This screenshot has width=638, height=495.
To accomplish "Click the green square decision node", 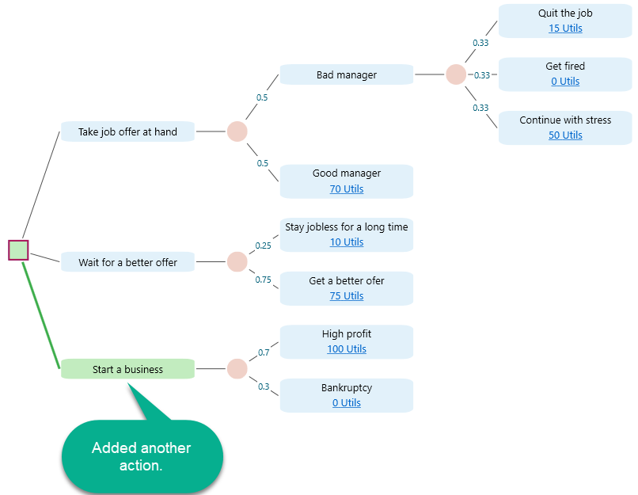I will point(19,250).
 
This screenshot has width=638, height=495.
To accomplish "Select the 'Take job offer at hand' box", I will point(127,131).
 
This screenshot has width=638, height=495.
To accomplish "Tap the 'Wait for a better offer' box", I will point(127,262).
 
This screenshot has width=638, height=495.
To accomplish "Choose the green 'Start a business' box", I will point(127,369).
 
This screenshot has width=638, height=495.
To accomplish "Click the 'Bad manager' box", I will point(347,75).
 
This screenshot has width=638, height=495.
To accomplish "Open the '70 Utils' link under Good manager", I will point(347,189).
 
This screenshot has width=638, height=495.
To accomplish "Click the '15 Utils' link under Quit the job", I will point(565,29).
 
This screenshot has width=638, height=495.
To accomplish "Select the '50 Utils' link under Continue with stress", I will point(565,135).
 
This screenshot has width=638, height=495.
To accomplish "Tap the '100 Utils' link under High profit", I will point(347,349).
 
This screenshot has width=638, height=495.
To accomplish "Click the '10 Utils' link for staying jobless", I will point(347,242).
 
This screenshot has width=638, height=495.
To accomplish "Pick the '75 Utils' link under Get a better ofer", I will point(347,296).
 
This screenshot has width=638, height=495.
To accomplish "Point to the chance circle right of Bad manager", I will point(456,74).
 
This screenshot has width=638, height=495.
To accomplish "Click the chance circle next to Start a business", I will point(237,369).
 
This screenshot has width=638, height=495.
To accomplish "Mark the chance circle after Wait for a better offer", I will point(237,262).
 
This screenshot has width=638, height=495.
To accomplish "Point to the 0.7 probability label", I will point(264,352).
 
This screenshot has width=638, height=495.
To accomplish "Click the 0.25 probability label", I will point(263,246).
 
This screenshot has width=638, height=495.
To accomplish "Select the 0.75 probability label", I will point(263,280).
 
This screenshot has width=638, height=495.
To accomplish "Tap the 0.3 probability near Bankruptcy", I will point(264,386).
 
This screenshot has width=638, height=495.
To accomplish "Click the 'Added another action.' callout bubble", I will point(142,456).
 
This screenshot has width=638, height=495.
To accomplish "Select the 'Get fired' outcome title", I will point(565,67).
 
